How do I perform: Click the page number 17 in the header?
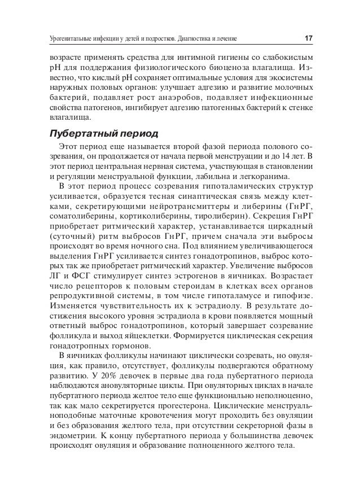coord(308,38)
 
